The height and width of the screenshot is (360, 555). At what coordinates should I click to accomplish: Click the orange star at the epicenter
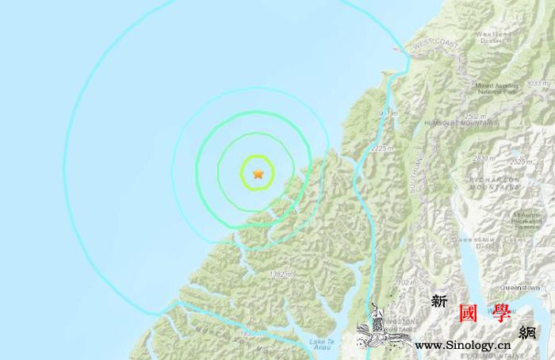point(258,173)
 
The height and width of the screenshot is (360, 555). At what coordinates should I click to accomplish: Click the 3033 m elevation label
point(538,82)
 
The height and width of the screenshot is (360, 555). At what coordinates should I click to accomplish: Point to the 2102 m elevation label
point(405,282)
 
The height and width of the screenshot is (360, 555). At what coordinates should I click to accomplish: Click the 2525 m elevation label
point(519,163)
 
